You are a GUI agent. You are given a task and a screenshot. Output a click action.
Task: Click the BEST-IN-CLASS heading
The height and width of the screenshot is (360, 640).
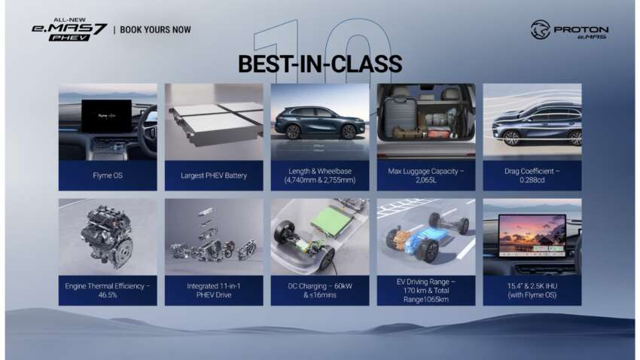click(x=319, y=63)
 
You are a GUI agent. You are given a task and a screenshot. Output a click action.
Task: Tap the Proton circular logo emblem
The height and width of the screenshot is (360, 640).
click(x=541, y=30)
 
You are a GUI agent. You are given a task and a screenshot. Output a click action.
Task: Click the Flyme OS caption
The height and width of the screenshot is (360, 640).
click(x=108, y=175)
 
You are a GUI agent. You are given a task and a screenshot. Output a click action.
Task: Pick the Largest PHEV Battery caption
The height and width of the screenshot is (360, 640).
click(x=214, y=175)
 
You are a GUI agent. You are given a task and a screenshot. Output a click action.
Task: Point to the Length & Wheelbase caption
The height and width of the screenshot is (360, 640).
click(x=320, y=175)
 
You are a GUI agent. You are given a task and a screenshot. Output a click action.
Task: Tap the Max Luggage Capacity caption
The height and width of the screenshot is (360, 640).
click(x=426, y=175)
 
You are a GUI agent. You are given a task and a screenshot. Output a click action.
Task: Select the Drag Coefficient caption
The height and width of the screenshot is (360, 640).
click(x=532, y=175)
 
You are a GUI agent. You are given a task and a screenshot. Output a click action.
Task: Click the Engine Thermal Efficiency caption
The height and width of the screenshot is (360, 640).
click(x=108, y=290)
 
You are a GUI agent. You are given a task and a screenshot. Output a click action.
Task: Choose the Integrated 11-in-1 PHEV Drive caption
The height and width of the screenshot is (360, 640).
click(x=214, y=290)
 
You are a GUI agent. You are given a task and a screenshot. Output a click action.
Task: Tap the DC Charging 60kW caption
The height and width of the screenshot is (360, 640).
click(x=320, y=290)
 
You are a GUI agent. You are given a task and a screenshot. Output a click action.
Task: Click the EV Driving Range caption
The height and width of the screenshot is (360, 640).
click(x=426, y=290)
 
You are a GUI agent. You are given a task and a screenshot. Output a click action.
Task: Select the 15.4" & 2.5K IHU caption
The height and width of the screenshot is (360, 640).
click(x=532, y=290)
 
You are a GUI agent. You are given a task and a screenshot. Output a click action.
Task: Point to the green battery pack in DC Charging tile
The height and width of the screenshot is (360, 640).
click(x=325, y=226)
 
